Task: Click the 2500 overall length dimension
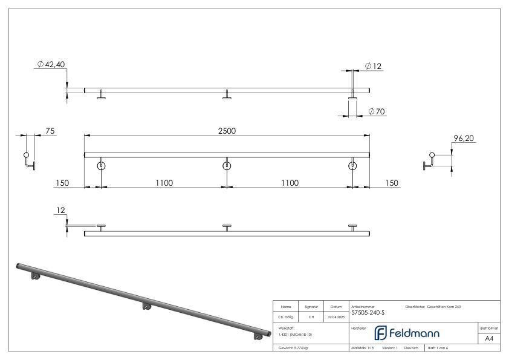coord(227,131)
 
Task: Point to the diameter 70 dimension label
coord(376,111)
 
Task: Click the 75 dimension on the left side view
coord(50,131)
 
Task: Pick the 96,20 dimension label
coord(463,139)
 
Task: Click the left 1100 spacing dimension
coord(164,183)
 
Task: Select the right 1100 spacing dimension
coord(290,183)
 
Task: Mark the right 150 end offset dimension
coord(391,183)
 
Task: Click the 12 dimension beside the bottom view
coord(59,211)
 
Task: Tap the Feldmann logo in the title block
coord(407,333)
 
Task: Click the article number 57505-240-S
coord(368,313)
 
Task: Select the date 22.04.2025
coord(336,316)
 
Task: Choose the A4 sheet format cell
coord(488,338)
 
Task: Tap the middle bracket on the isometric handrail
coord(147,306)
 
